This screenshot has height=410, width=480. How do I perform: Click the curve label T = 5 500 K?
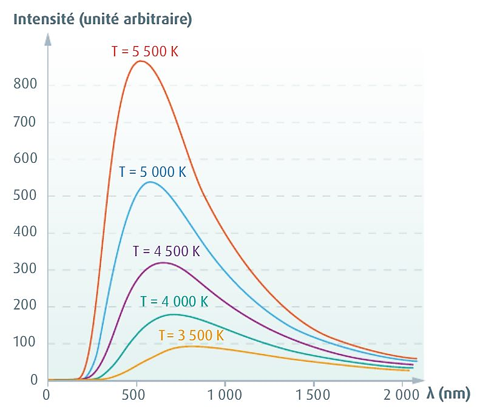144,51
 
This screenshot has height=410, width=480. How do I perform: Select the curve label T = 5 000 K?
152,171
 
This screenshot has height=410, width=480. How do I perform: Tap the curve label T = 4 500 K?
166,251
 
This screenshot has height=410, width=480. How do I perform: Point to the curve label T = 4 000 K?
174,302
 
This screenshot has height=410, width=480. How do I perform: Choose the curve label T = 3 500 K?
191,335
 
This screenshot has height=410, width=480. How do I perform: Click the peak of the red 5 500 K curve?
140,61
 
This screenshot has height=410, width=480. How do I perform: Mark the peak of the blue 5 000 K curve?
149,182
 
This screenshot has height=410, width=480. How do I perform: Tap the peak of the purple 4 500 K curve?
162,263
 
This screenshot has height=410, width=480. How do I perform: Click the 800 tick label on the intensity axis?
25,85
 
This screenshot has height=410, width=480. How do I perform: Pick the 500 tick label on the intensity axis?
25,196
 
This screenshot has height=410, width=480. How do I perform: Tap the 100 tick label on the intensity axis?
25,343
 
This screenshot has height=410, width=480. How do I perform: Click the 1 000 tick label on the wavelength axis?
225,395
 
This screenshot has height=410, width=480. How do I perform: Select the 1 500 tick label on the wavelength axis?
313,395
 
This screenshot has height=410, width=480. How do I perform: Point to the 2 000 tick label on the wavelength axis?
401,395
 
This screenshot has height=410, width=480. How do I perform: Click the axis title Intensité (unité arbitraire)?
103,19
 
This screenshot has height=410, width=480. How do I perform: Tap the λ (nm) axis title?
448,394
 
